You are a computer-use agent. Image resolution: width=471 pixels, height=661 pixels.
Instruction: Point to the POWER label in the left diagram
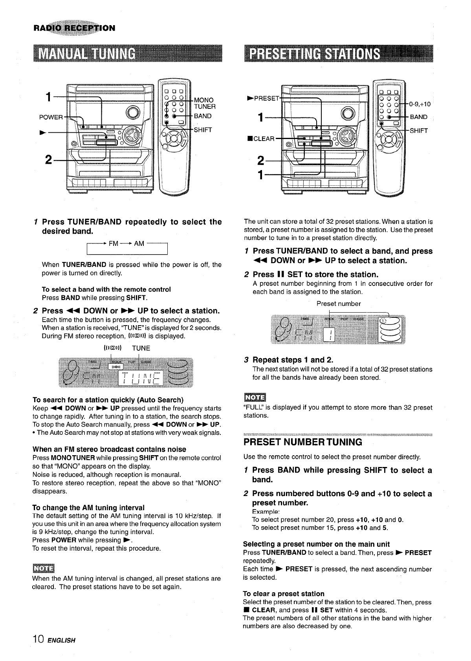click(51, 117)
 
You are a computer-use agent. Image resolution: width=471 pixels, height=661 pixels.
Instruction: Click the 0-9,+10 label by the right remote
click(420, 104)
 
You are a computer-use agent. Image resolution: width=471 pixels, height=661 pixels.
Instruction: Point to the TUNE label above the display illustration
click(141, 348)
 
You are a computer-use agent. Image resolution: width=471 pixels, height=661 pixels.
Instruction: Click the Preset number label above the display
click(339, 304)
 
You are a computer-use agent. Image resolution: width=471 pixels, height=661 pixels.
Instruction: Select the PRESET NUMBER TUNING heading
click(303, 442)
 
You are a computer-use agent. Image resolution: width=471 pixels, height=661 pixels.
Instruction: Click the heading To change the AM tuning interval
click(88, 507)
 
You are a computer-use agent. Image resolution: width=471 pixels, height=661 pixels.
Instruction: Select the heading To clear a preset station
click(284, 594)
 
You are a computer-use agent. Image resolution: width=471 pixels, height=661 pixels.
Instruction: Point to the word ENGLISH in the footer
click(61, 641)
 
